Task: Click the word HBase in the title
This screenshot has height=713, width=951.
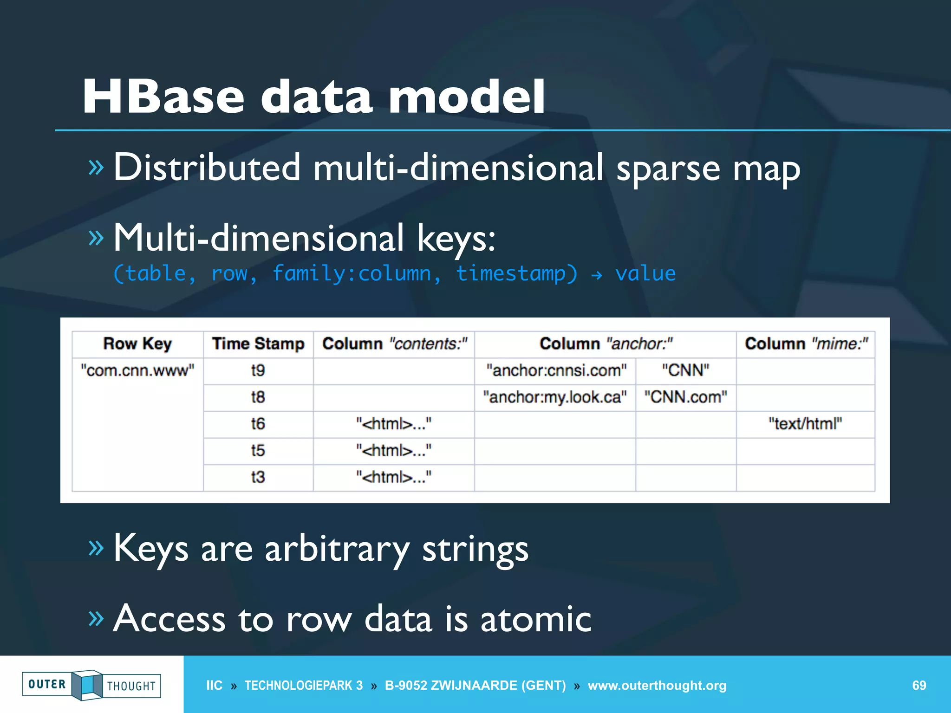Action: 163,97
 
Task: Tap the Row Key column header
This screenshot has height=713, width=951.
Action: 137,344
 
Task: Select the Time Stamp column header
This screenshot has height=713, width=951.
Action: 258,344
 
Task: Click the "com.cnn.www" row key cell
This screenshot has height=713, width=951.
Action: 137,370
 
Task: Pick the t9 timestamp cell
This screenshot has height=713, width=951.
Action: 258,370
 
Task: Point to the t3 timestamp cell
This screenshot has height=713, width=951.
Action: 258,477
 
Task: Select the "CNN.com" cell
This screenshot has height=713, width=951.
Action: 685,397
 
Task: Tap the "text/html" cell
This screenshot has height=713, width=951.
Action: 805,424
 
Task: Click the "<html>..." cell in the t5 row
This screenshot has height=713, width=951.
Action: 394,451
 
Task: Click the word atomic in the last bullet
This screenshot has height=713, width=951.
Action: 536,619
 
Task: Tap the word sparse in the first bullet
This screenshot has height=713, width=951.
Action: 668,168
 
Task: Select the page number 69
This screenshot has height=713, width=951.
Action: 919,686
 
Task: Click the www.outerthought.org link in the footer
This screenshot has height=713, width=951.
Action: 657,686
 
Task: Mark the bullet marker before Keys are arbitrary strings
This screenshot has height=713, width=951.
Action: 96,548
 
